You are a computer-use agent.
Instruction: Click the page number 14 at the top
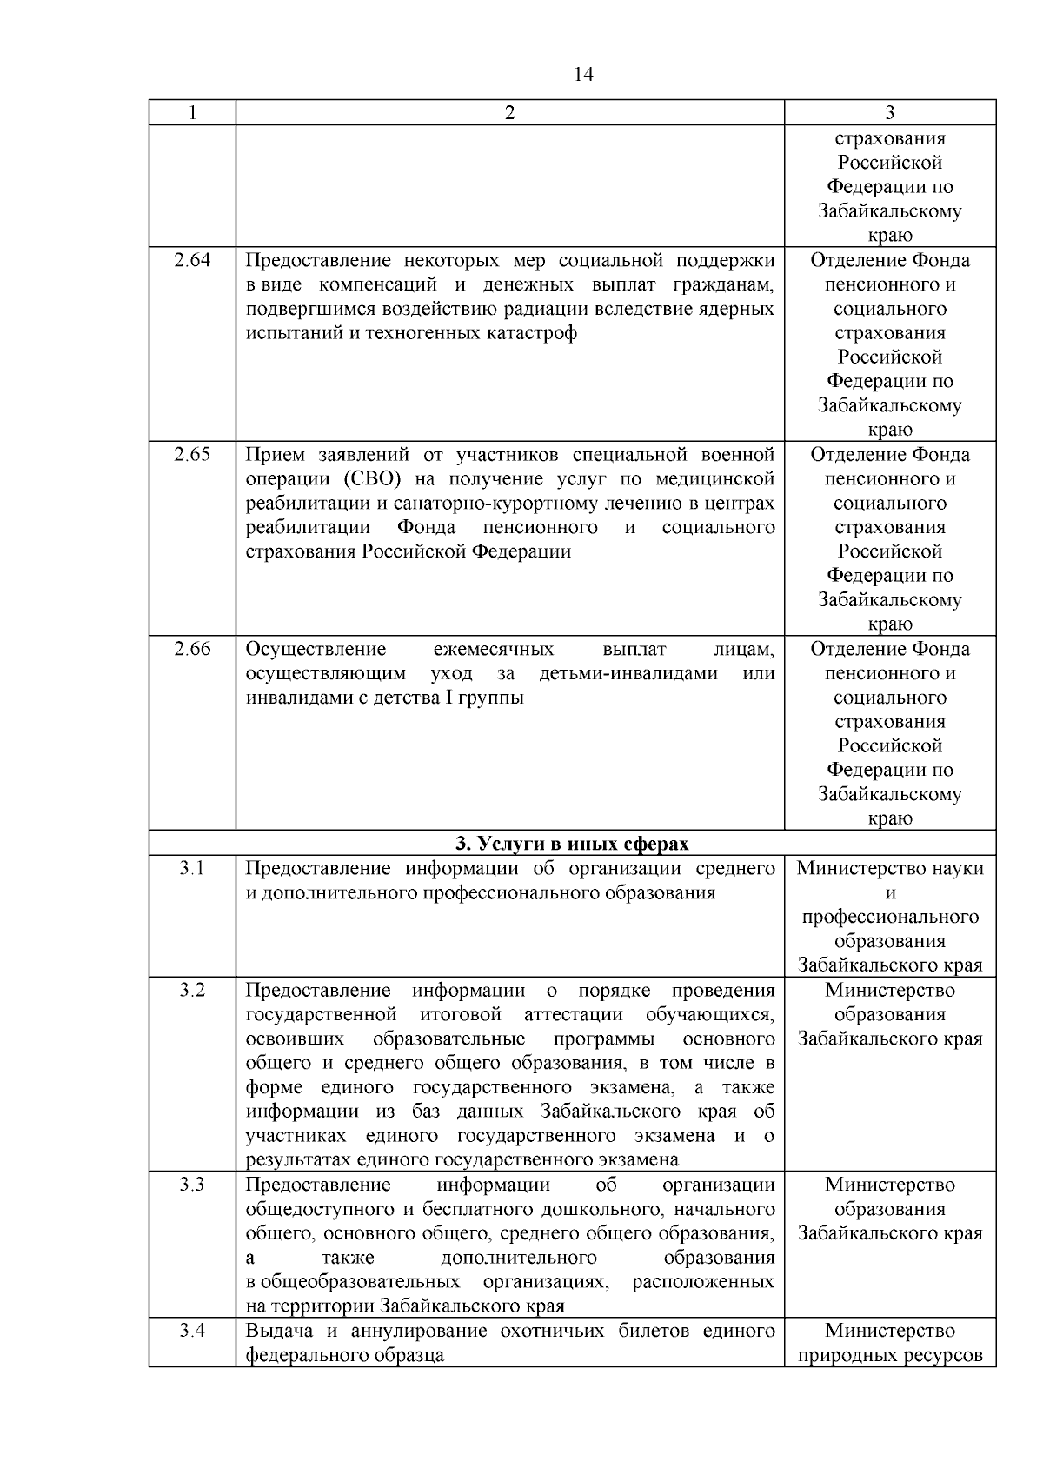pos(584,75)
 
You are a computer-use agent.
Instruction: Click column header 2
pos(509,112)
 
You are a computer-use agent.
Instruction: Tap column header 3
pos(889,112)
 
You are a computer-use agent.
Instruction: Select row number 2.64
pos(192,260)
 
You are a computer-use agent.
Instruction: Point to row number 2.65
pos(192,455)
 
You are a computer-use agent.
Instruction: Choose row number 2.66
pos(192,650)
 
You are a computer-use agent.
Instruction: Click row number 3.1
pos(192,868)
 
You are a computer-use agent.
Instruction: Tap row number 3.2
pos(192,990)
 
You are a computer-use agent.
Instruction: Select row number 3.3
pos(192,1185)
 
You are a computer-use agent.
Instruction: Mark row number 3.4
pos(192,1331)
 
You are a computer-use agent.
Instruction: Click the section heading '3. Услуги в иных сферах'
pos(572,844)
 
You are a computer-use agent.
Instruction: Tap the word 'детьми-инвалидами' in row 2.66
pos(628,674)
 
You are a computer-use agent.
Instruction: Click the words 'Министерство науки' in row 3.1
pos(890,868)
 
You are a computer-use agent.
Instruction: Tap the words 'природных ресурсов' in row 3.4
pos(890,1355)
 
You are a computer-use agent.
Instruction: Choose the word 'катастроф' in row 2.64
pos(535,333)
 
